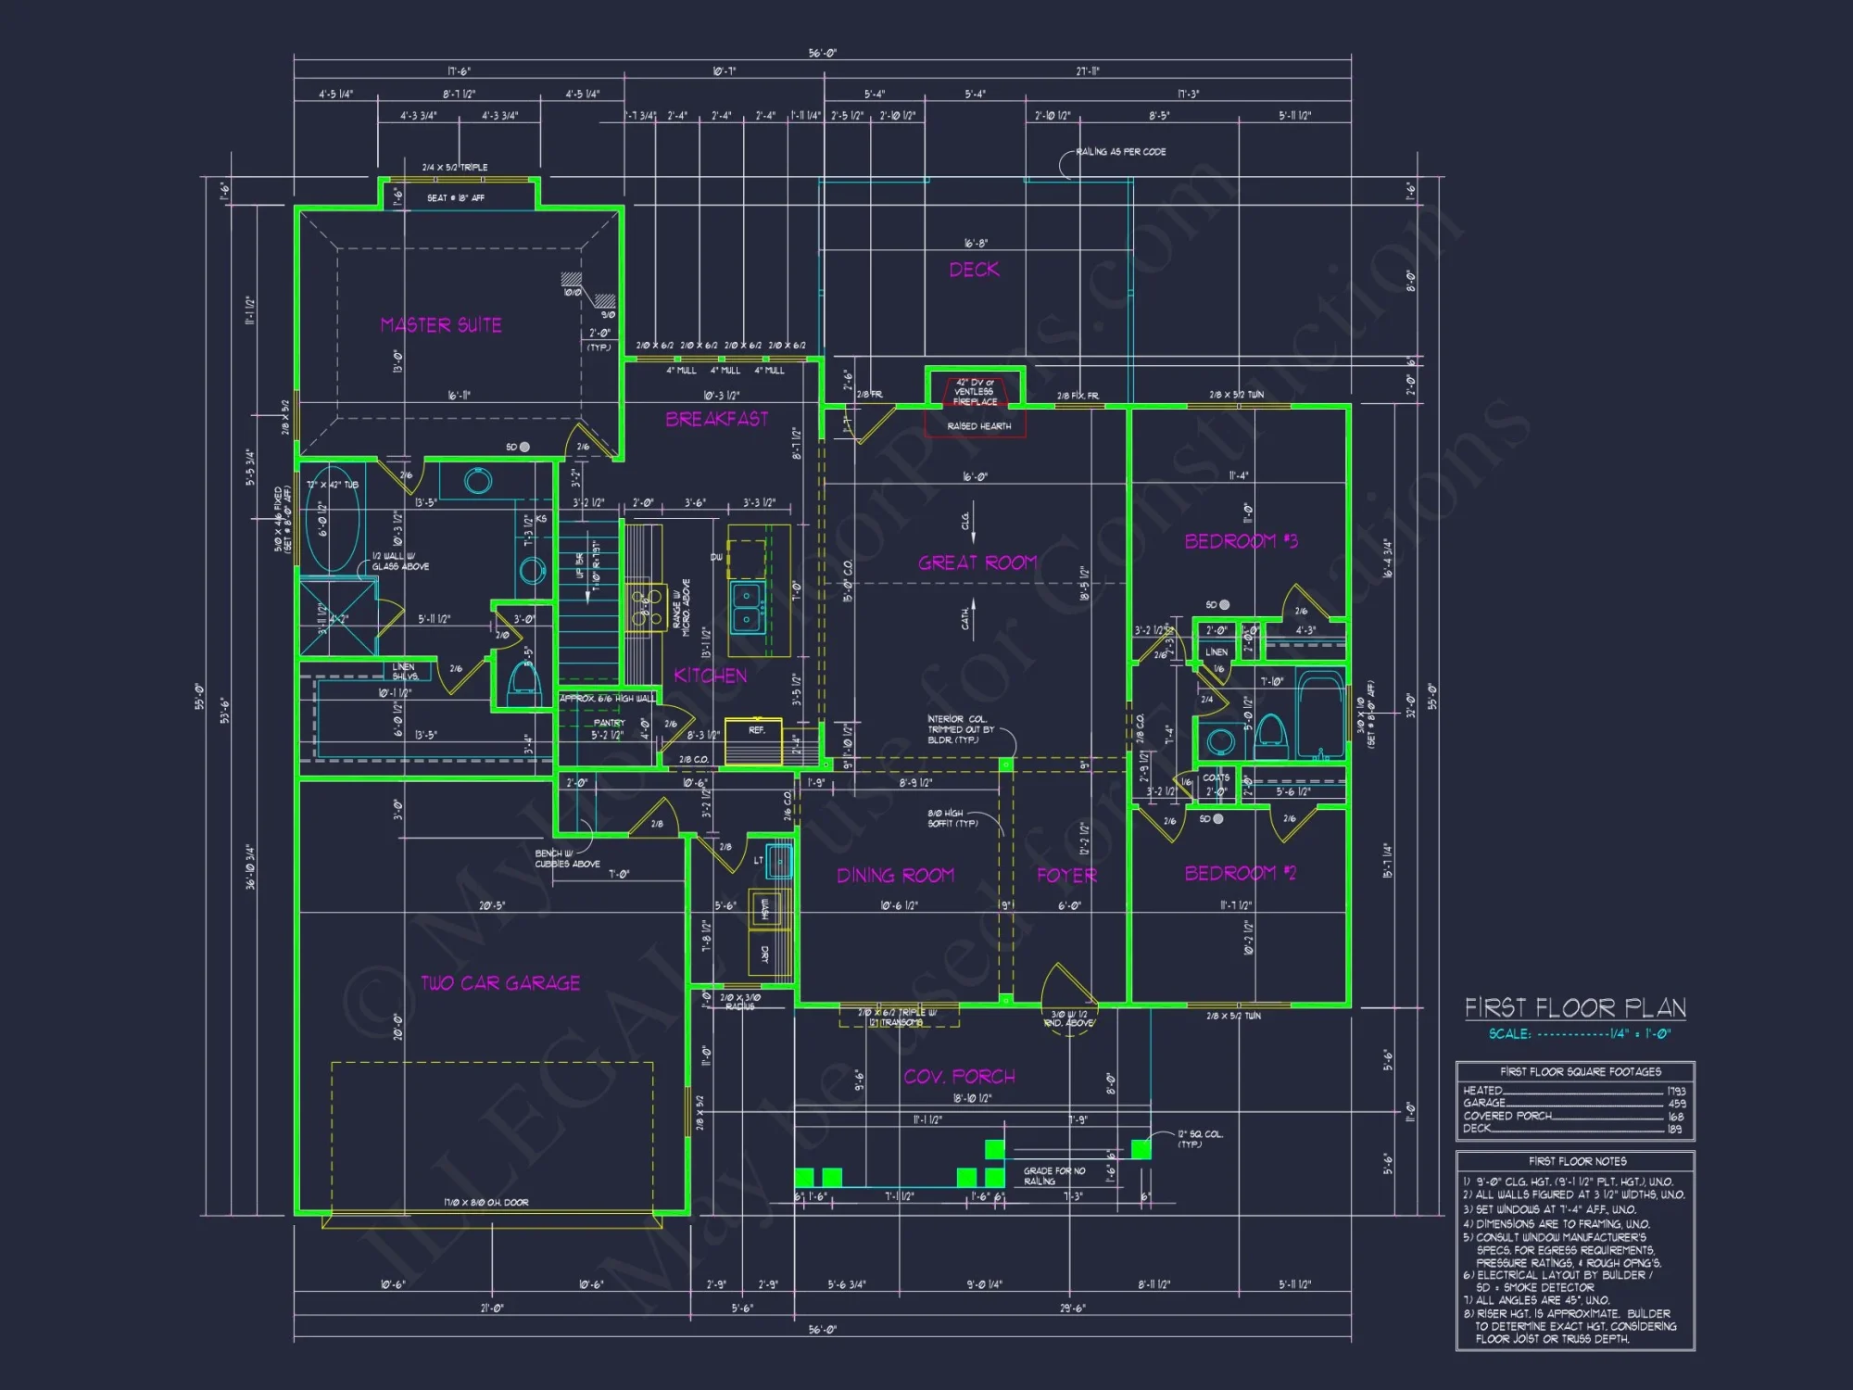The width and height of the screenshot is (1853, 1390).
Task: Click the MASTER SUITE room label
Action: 441,325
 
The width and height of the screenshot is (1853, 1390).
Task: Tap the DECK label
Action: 974,270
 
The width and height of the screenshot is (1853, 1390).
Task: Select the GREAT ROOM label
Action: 977,562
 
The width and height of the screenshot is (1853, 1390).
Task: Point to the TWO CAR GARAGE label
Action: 500,983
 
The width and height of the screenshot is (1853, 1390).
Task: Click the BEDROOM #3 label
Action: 1241,541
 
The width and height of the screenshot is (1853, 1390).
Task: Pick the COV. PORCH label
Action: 959,1077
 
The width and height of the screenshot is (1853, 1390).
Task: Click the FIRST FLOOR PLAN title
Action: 1575,1008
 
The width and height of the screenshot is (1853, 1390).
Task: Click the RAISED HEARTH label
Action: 978,426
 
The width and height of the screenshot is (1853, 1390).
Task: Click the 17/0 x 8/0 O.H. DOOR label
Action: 486,1203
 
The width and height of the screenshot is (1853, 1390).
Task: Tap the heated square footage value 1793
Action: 1675,1091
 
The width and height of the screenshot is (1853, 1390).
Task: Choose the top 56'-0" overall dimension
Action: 822,53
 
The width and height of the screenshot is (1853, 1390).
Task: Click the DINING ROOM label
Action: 895,876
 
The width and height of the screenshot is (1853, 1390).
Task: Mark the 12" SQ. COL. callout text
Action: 1200,1138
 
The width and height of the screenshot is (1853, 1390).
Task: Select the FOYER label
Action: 1066,876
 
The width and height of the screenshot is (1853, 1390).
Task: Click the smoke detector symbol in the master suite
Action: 524,447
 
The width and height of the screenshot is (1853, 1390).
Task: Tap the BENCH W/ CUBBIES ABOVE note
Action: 567,858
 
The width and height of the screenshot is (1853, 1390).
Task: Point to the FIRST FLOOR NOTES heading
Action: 1577,1161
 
